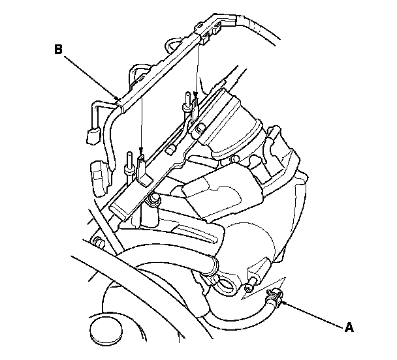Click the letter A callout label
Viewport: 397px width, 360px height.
[x=349, y=328]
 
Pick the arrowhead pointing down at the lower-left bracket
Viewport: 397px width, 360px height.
[x=141, y=151]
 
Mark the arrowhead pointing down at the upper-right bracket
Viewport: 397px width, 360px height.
[x=196, y=96]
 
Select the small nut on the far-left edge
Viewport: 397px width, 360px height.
[x=99, y=243]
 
